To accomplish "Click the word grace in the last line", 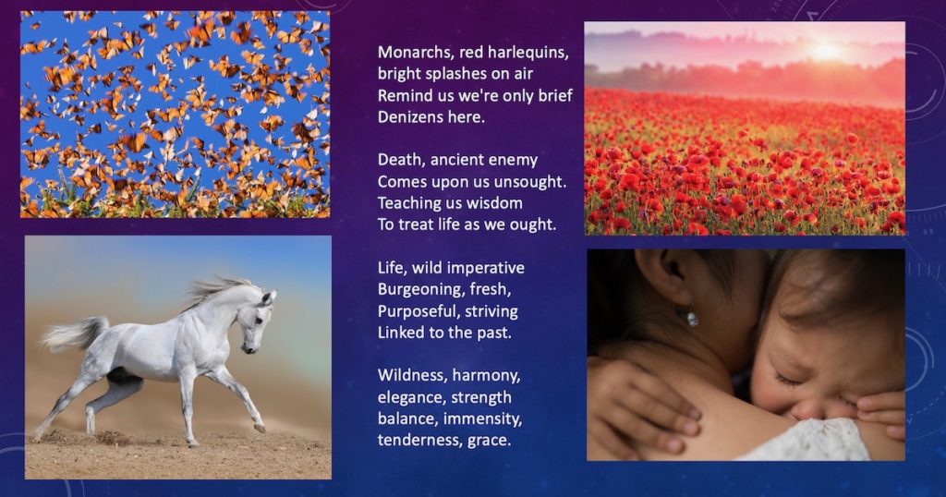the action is coord(490,442).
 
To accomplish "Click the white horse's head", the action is coord(258,320).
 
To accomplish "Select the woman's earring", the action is coord(692,319).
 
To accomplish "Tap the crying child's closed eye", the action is coord(792,380).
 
